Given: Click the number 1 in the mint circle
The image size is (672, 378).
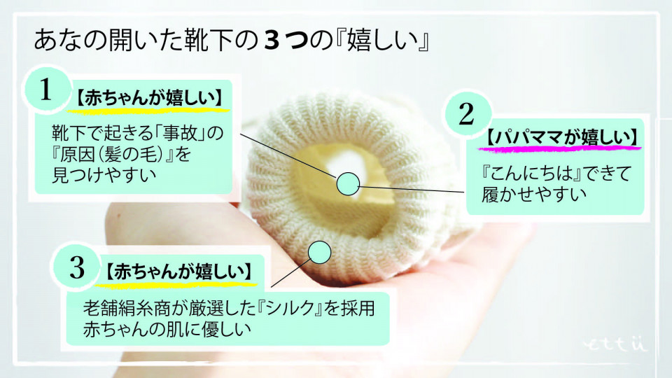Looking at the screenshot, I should click(x=46, y=91).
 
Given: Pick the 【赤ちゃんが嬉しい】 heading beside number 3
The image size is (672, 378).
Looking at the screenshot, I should click(x=178, y=270).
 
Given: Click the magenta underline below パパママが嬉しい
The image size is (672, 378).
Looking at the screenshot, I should click(x=560, y=148).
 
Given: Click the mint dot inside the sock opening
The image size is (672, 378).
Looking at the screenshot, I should click(x=348, y=183).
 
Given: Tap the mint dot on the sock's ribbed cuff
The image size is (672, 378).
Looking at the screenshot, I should click(x=319, y=252).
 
